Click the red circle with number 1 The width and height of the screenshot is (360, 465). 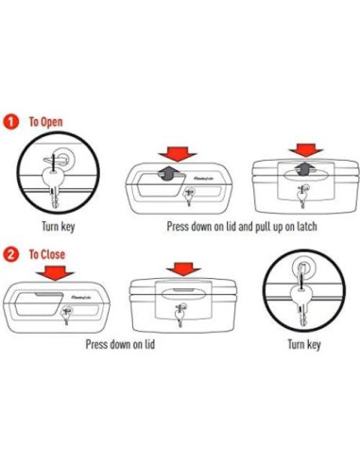pos(10,122)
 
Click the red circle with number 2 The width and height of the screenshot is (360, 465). pos(10,254)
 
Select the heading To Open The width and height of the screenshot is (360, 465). pos(46,122)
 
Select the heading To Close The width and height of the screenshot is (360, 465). pos(47,254)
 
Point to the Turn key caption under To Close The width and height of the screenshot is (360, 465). pos(303,345)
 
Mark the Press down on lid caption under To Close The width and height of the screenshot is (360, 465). pos(119,345)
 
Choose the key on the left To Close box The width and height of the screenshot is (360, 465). pos(67,316)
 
